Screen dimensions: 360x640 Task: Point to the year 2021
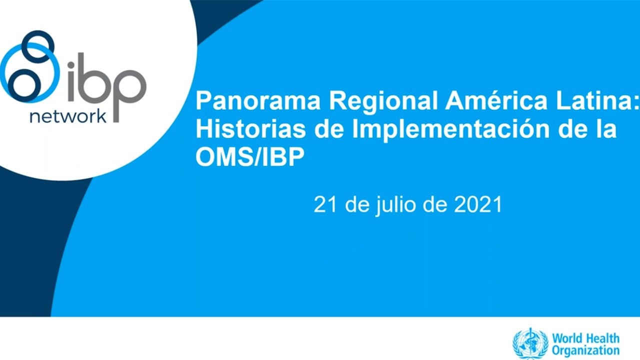[x=477, y=205]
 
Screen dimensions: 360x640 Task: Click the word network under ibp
[x=67, y=116]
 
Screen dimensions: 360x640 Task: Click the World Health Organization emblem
[x=530, y=344]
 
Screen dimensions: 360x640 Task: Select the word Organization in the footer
[x=586, y=351]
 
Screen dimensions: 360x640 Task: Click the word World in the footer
[x=565, y=338]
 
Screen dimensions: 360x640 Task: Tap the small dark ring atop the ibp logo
[x=39, y=41]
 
